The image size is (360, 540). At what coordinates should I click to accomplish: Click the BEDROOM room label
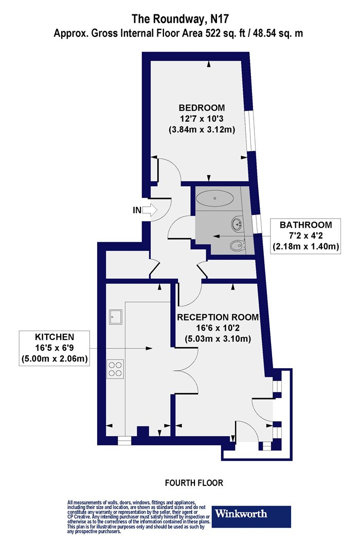click(202, 108)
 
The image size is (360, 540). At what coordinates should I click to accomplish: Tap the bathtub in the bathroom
click(215, 198)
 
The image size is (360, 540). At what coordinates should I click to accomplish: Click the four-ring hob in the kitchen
click(115, 369)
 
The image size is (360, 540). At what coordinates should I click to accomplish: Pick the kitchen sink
click(115, 317)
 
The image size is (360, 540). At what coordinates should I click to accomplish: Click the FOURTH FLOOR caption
click(194, 483)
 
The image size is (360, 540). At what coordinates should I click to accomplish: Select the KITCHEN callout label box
click(54, 348)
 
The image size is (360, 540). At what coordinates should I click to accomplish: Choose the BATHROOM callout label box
click(305, 236)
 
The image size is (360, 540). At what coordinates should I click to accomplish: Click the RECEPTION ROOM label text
click(218, 317)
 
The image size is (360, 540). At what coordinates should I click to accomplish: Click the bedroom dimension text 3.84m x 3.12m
click(202, 130)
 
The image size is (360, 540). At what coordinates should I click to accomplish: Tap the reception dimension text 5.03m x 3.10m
click(218, 339)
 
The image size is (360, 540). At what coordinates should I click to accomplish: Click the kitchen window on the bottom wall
click(124, 441)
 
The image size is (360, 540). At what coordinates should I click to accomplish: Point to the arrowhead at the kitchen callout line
click(149, 348)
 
